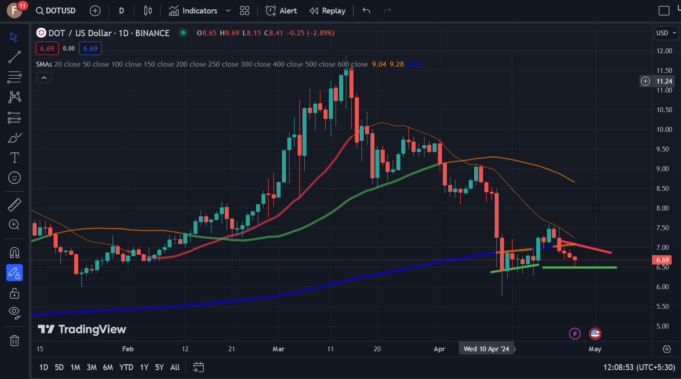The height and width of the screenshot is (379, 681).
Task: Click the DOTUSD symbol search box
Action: tap(56, 11)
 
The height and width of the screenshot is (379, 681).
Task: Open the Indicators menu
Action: tap(193, 11)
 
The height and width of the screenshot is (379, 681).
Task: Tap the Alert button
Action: tap(281, 11)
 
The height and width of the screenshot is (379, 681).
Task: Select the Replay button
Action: tap(328, 11)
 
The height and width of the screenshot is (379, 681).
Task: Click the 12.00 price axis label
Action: tap(664, 51)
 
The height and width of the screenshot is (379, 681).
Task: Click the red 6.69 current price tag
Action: tap(662, 260)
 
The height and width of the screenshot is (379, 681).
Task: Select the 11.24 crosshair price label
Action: tap(664, 81)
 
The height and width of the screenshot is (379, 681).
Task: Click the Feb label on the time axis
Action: tap(128, 349)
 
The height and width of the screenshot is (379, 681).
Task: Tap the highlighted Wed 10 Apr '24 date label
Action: tap(486, 349)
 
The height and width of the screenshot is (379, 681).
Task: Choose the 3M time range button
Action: tap(92, 367)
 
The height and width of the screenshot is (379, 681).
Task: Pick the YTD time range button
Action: tap(126, 367)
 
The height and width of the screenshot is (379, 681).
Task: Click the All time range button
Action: tap(175, 367)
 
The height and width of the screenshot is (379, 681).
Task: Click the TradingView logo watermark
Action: tap(82, 329)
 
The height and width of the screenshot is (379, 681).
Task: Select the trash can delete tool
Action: tap(14, 341)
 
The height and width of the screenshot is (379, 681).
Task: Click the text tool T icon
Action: tap(14, 157)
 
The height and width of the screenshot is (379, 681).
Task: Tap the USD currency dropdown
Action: tap(666, 33)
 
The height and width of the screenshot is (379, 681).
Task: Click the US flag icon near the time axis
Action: tap(595, 333)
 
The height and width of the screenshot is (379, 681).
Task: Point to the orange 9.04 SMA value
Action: tap(379, 64)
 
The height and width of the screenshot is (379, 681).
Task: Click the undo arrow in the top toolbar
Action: tap(366, 11)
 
